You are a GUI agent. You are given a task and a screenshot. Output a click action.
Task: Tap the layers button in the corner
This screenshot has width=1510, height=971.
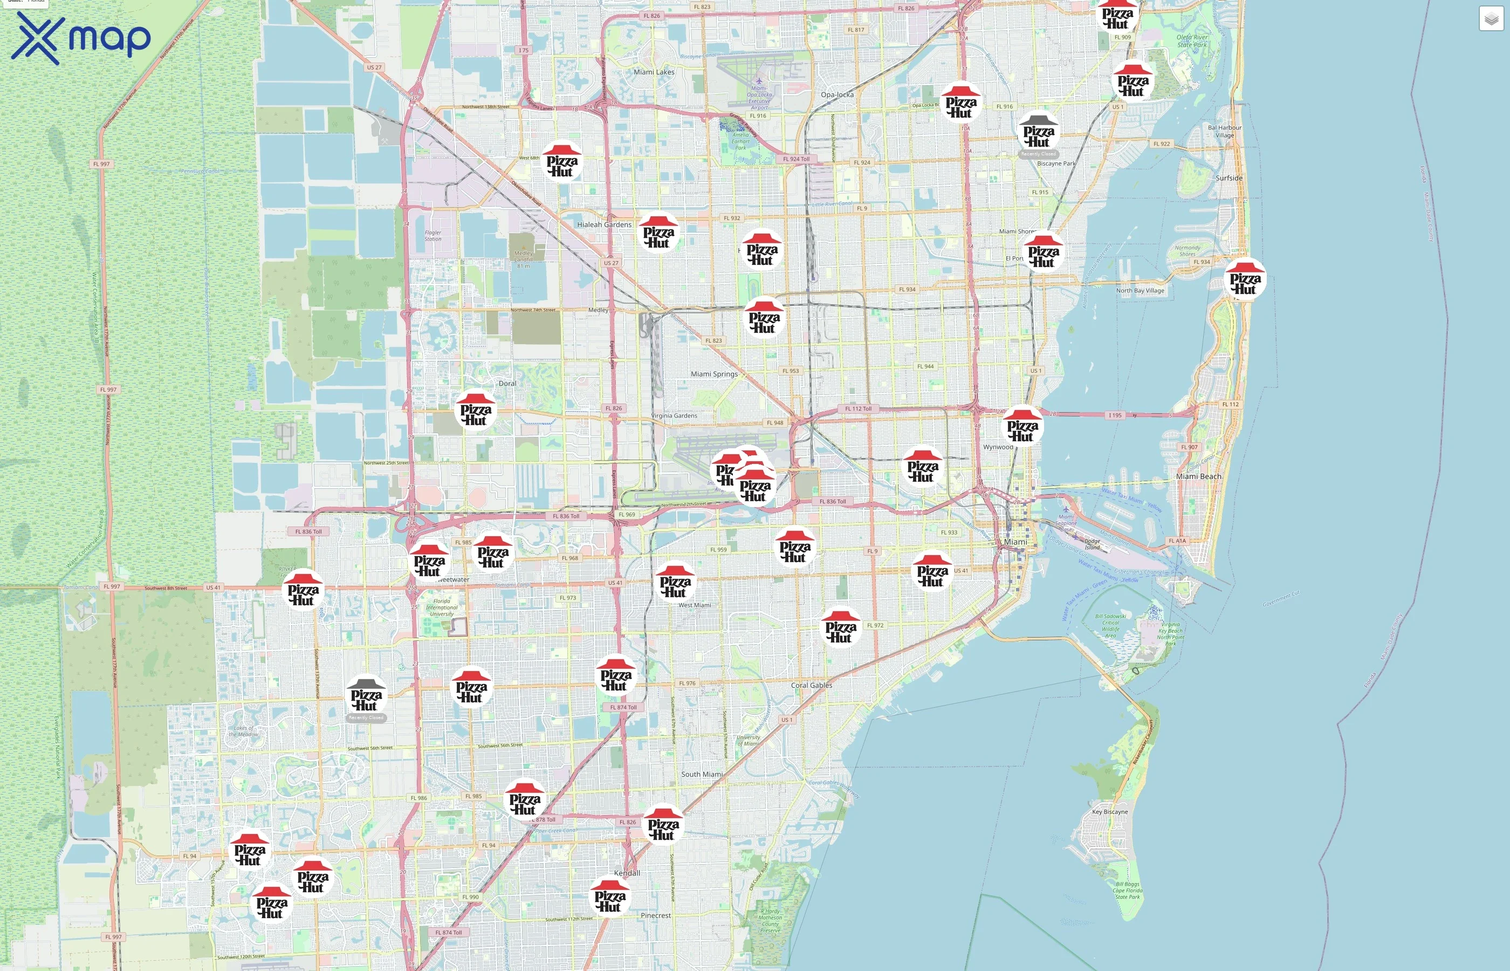1491,19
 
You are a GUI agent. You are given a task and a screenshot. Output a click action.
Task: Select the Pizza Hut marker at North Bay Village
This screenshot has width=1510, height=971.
1245,281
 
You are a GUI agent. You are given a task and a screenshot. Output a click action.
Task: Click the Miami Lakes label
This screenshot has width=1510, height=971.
654,72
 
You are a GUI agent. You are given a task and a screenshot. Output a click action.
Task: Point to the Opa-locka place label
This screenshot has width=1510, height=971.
837,94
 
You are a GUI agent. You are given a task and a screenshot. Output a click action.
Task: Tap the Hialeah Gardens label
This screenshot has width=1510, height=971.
604,224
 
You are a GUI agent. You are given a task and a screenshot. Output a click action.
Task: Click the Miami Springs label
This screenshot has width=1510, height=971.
713,374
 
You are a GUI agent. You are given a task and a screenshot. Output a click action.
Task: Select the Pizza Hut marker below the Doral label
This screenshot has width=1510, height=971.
475,412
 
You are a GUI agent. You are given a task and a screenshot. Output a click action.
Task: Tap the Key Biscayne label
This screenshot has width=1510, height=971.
1110,811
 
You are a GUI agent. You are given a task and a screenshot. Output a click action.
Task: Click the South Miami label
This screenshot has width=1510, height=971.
702,774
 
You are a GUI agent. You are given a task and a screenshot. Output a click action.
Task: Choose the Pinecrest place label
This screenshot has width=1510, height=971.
655,915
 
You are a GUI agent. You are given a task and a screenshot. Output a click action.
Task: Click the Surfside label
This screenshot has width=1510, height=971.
1228,178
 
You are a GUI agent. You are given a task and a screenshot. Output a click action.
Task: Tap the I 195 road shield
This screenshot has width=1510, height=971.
1115,415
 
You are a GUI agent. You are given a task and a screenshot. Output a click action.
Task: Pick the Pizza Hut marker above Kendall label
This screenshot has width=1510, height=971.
662,826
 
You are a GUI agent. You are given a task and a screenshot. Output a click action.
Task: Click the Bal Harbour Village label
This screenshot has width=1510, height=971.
1224,131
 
